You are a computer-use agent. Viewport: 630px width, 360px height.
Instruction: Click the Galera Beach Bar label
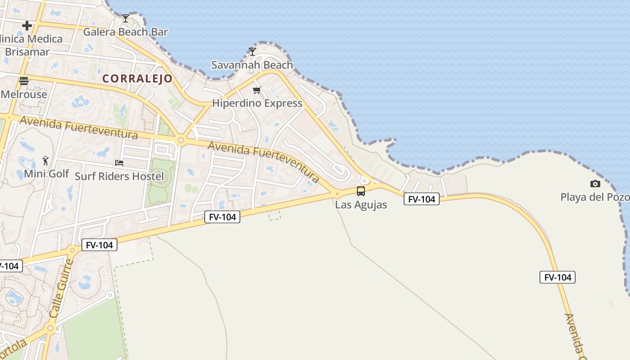point(125,32)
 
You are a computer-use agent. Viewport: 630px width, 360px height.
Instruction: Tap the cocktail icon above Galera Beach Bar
point(125,18)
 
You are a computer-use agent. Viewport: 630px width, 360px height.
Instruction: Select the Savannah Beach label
point(252,65)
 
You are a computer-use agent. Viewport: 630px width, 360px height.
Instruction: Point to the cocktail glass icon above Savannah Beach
point(252,52)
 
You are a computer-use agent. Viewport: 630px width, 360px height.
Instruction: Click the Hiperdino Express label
point(257,103)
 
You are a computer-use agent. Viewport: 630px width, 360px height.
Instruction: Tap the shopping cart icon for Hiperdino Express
point(256,90)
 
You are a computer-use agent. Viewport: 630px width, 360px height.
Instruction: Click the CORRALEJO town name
point(137,79)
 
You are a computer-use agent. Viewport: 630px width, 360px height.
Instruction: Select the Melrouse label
point(24,94)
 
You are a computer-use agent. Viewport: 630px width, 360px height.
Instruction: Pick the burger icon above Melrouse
point(24,81)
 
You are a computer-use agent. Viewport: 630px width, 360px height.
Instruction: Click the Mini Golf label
point(46,174)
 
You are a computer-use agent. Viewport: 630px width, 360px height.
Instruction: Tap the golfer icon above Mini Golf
point(45,160)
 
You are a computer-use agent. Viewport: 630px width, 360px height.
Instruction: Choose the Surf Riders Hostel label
point(119,176)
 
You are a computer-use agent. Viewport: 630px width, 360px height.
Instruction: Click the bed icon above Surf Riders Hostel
point(119,163)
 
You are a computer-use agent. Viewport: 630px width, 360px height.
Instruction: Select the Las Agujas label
point(361,205)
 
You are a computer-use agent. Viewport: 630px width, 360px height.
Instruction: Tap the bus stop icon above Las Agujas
point(361,191)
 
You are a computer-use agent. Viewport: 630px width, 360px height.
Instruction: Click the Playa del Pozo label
point(594,197)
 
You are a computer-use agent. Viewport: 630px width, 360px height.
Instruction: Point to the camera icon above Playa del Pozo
point(595,184)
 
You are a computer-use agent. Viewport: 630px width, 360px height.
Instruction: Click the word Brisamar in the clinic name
point(27,52)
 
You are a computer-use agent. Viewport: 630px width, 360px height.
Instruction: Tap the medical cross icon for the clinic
point(27,26)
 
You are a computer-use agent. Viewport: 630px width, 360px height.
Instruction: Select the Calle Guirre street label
point(61,288)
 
